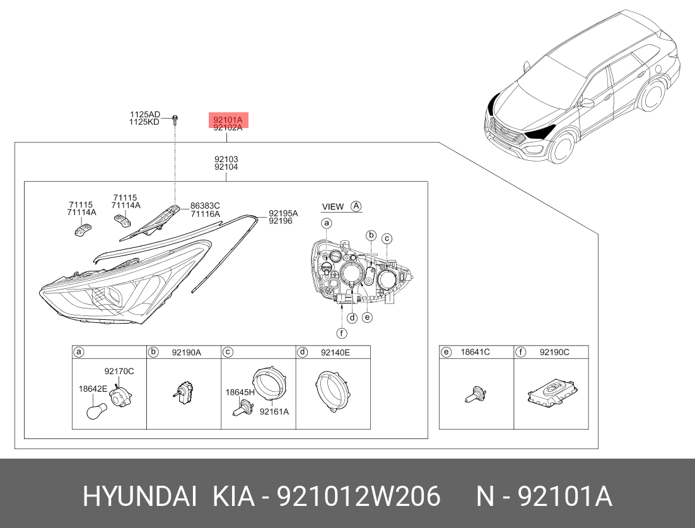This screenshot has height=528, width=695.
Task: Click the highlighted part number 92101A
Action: click(228, 120)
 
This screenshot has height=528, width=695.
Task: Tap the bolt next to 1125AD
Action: click(175, 119)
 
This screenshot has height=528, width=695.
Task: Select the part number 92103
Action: click(226, 159)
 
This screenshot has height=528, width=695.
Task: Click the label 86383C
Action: click(205, 206)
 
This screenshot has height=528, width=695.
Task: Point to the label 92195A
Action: click(283, 213)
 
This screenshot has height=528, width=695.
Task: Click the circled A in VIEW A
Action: click(356, 206)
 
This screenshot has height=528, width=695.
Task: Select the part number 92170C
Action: click(119, 371)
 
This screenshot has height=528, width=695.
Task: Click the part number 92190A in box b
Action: click(186, 353)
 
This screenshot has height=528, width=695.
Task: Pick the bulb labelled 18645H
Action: click(242, 406)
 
